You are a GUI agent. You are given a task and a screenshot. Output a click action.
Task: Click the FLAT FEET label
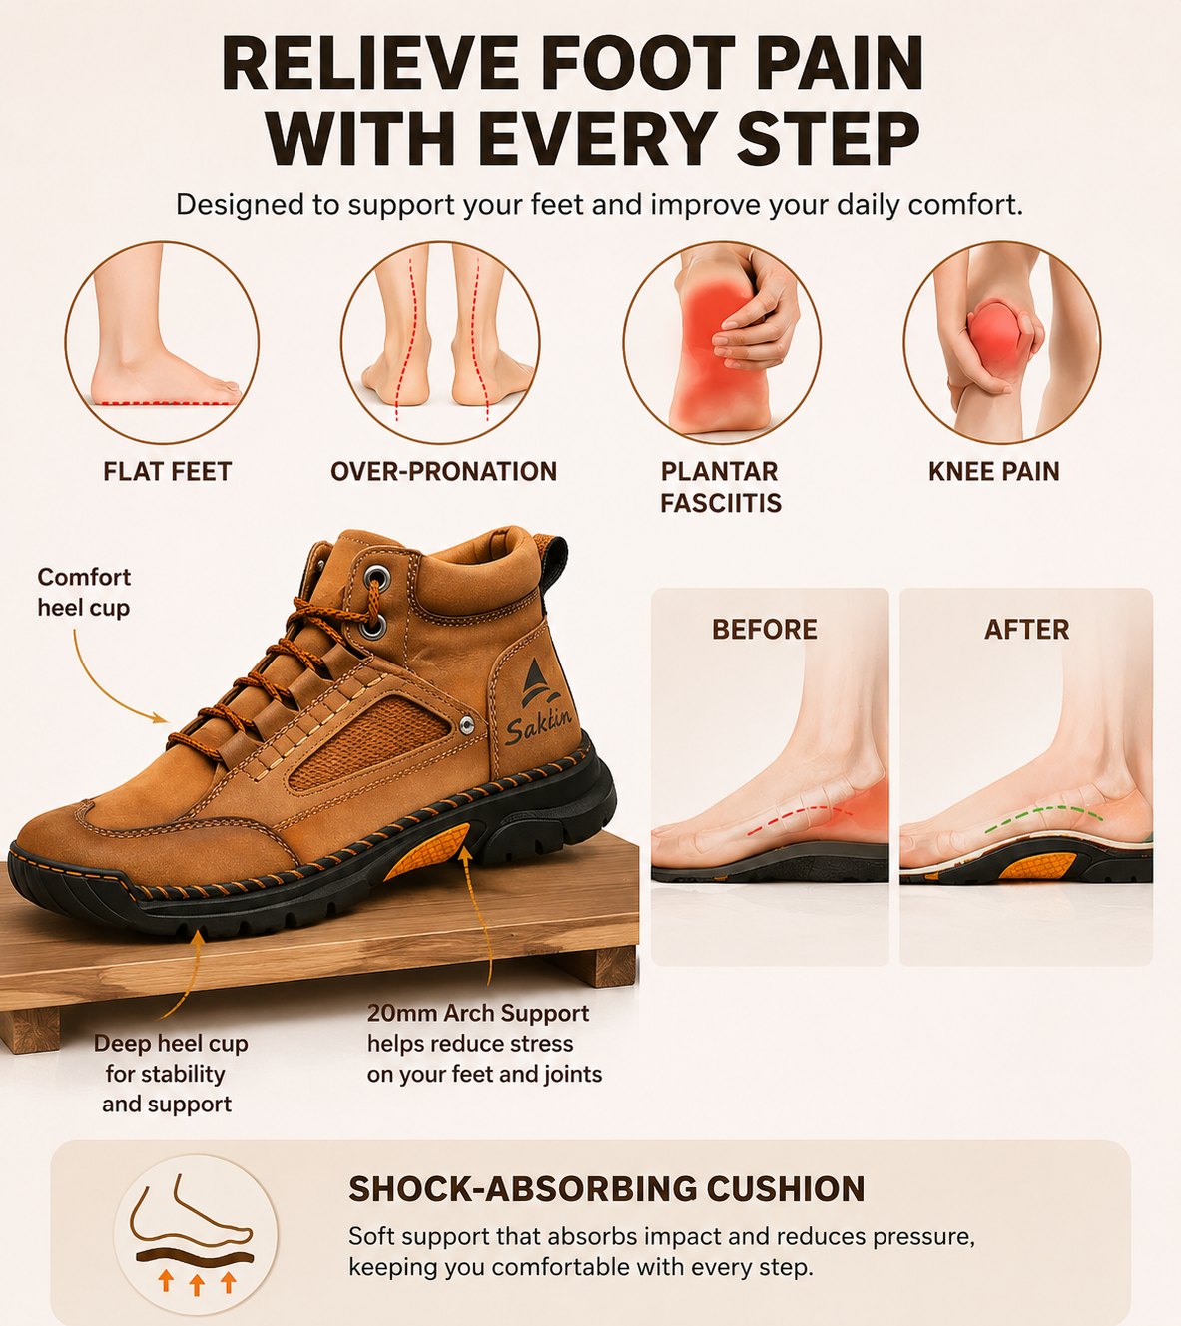(x=167, y=471)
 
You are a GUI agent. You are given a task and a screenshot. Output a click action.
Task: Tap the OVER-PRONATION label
(x=443, y=471)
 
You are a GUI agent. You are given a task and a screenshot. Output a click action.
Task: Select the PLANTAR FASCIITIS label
(x=721, y=487)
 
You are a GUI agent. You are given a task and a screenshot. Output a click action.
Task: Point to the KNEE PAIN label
(x=993, y=471)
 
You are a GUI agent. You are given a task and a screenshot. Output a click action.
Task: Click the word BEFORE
(x=765, y=629)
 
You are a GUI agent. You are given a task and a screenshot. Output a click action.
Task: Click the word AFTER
(x=1026, y=629)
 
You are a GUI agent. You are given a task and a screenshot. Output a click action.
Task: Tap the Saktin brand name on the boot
(x=538, y=726)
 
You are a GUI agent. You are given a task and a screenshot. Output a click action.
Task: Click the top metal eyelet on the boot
(x=376, y=579)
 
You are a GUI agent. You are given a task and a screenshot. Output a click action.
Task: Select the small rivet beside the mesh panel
(x=466, y=724)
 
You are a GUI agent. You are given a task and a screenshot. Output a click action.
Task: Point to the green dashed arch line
(x=1044, y=814)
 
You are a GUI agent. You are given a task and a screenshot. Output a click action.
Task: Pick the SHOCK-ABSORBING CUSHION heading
(x=607, y=1189)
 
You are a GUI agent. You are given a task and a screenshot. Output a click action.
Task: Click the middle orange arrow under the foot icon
(x=197, y=1284)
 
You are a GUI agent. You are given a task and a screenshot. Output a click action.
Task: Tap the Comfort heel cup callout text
(x=84, y=593)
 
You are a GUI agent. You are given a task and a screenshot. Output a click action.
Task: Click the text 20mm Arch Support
(x=478, y=1013)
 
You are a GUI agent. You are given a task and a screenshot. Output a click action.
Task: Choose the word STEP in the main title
(x=829, y=138)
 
